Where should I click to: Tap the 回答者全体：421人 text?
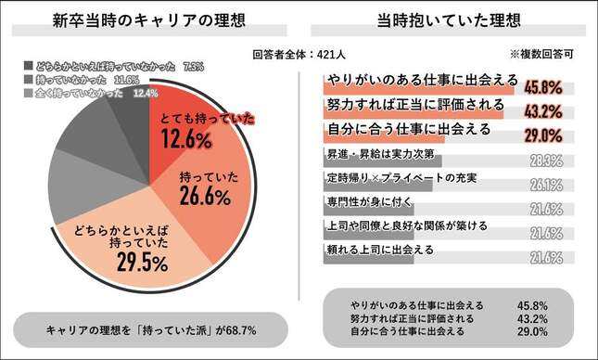coord(299,53)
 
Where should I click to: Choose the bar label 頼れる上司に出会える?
coord(375,249)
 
